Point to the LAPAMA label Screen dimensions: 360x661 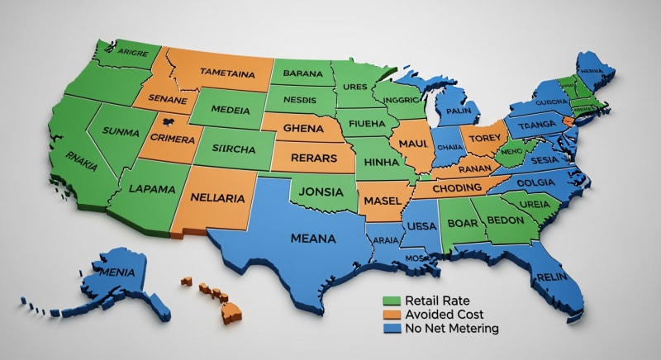pos(152,188)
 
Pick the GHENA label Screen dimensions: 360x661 pos(304,129)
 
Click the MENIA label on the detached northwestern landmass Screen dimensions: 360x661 pos(116,269)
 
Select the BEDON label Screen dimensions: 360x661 pos(505,221)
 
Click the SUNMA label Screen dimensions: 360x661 pos(121,131)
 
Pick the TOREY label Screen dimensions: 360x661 pos(480,139)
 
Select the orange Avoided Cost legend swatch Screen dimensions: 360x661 pos(392,315)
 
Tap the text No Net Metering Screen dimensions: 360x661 pos(452,329)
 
